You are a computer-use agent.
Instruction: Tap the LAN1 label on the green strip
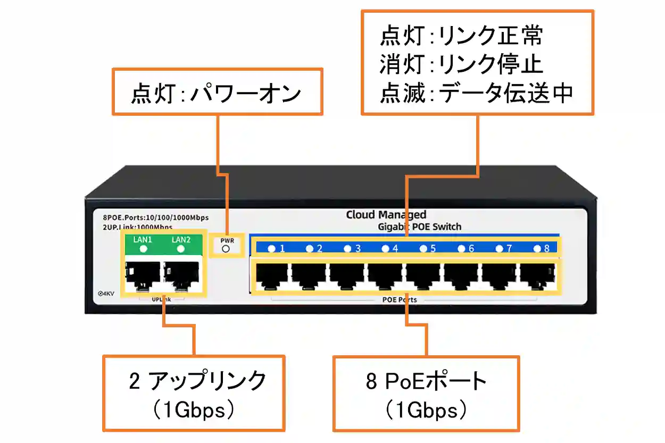143,240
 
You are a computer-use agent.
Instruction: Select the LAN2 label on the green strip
181,240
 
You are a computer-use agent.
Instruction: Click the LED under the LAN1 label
143,248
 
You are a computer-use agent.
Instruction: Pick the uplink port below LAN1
143,275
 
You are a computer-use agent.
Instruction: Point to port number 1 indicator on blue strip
272,248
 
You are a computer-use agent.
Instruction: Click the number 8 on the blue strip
546,248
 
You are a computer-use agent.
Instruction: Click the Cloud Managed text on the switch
386,215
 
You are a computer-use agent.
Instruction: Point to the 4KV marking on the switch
107,294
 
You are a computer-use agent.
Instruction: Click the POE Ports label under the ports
400,299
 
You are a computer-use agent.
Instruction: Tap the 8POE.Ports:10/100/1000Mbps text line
156,218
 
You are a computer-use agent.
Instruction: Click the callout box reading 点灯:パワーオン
217,91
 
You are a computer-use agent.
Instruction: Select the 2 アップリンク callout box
193,393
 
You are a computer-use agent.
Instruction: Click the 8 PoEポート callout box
426,394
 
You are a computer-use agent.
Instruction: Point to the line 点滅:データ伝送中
476,94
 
